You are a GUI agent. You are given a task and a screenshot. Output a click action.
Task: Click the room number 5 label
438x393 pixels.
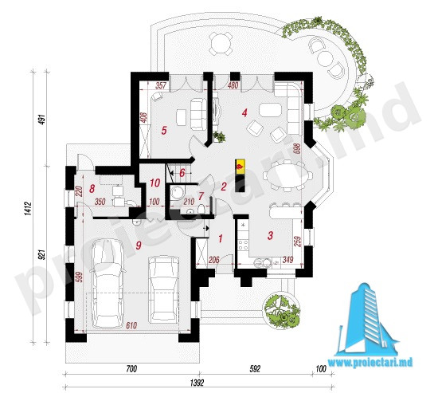[164, 131]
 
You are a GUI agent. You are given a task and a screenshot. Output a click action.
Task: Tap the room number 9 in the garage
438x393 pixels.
[139, 246]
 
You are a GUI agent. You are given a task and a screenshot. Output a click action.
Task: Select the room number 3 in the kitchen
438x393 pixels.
[270, 235]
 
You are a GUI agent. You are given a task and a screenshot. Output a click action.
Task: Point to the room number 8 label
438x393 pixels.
[92, 189]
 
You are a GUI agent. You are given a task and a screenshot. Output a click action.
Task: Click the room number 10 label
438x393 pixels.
[154, 183]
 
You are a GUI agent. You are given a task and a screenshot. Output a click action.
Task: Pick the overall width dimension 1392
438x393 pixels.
[197, 383]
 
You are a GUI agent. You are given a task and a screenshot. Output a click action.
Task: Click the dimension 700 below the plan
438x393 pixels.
[131, 368]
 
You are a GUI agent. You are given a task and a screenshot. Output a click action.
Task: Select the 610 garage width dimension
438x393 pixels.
[131, 325]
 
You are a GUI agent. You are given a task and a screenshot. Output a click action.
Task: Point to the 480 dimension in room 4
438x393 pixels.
[233, 85]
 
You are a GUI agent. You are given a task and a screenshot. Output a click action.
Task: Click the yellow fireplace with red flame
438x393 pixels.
[240, 167]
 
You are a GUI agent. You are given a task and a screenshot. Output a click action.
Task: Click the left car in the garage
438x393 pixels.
[108, 283]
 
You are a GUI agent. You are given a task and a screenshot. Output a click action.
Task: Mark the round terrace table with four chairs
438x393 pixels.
[221, 43]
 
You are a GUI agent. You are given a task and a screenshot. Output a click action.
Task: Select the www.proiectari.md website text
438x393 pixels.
[370, 363]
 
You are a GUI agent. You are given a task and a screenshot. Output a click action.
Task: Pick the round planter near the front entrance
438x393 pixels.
[282, 310]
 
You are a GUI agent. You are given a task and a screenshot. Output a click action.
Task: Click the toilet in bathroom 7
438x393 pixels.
[201, 208]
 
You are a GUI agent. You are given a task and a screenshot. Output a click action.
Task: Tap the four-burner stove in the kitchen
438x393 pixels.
[243, 245]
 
